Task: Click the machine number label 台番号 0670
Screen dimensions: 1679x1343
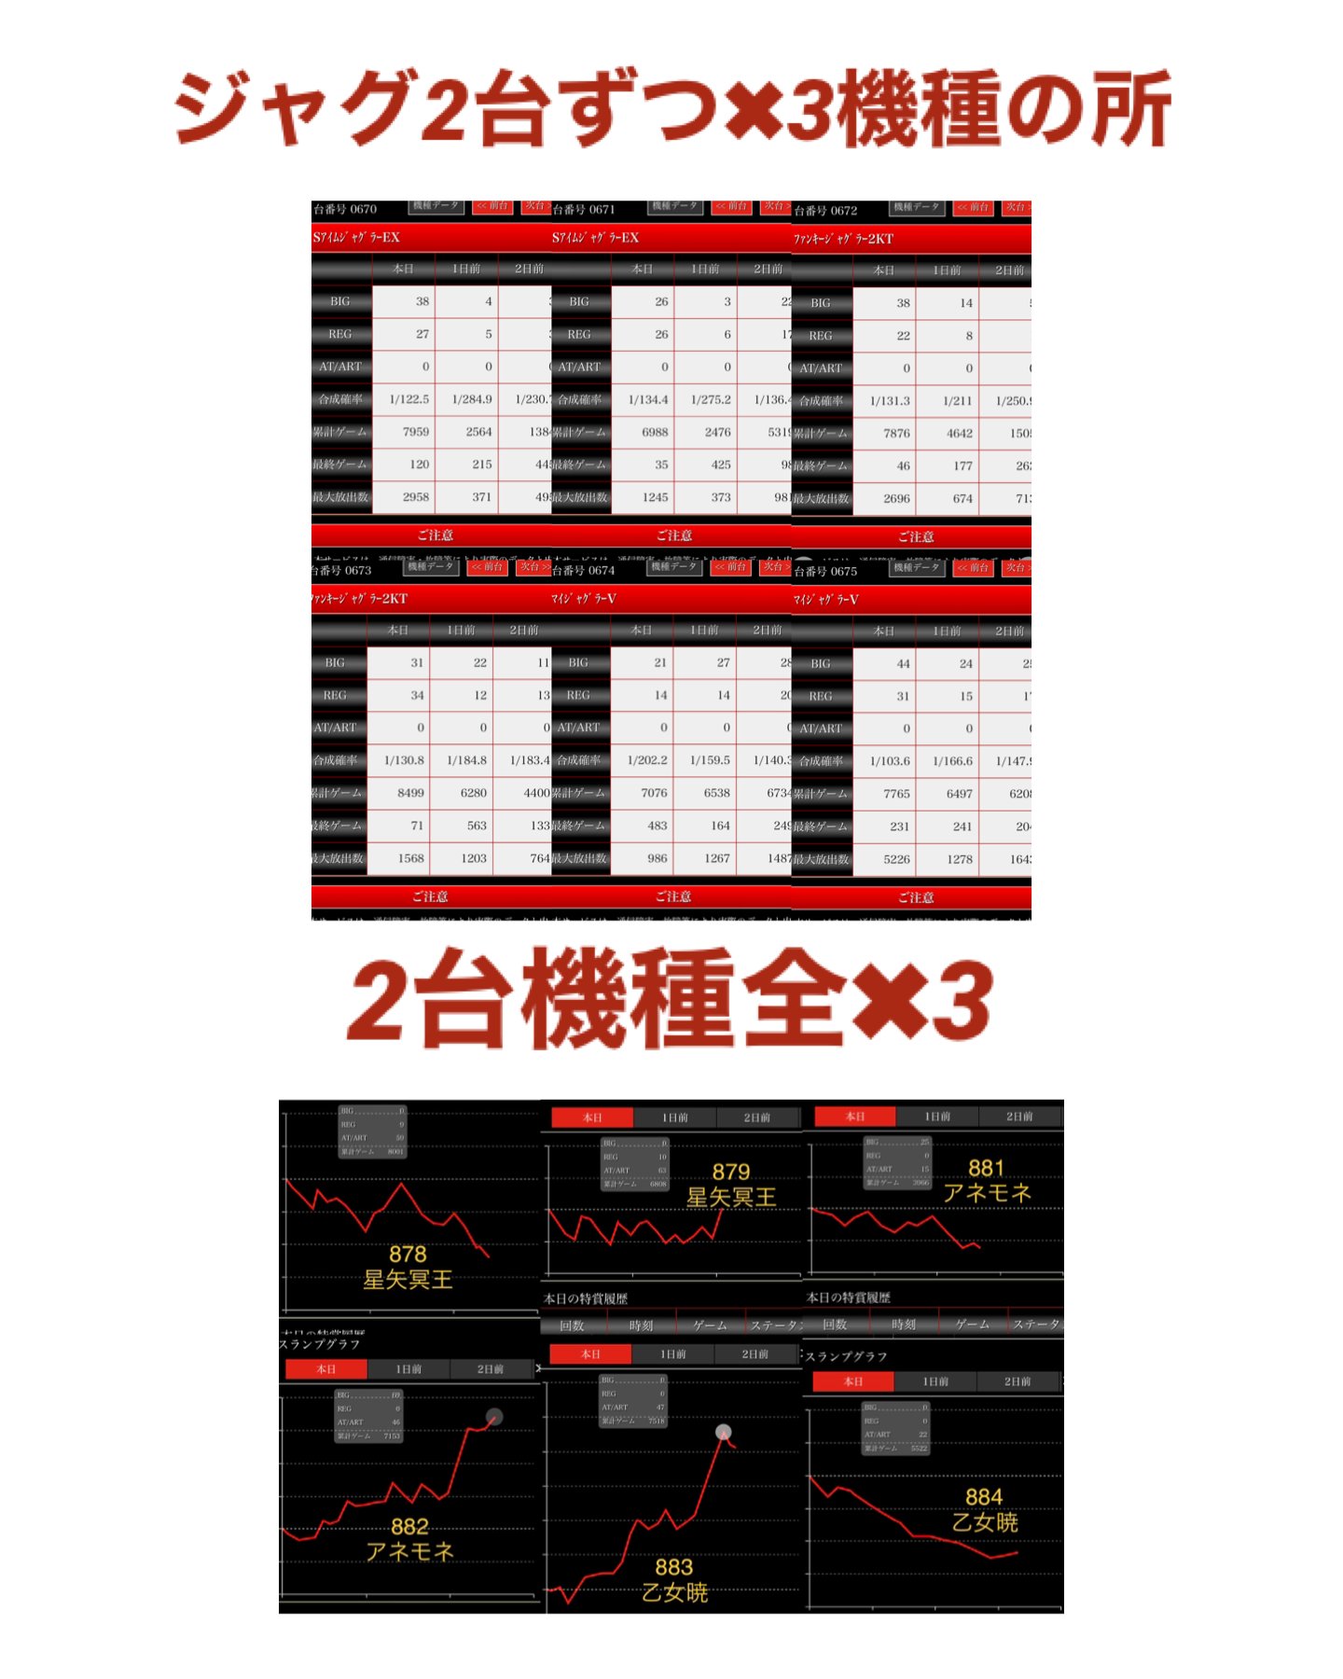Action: [x=345, y=209]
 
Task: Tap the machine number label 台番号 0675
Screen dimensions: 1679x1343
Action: [x=825, y=571]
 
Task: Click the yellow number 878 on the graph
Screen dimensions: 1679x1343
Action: [x=408, y=1254]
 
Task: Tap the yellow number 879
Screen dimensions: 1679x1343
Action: [x=731, y=1172]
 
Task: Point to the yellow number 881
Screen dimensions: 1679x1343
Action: [x=986, y=1168]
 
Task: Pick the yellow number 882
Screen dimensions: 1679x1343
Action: [x=409, y=1526]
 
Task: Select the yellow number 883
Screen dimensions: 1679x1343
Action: [x=673, y=1567]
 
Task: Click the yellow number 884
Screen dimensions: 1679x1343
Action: [x=984, y=1497]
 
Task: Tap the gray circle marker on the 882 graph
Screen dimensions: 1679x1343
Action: [x=494, y=1417]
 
